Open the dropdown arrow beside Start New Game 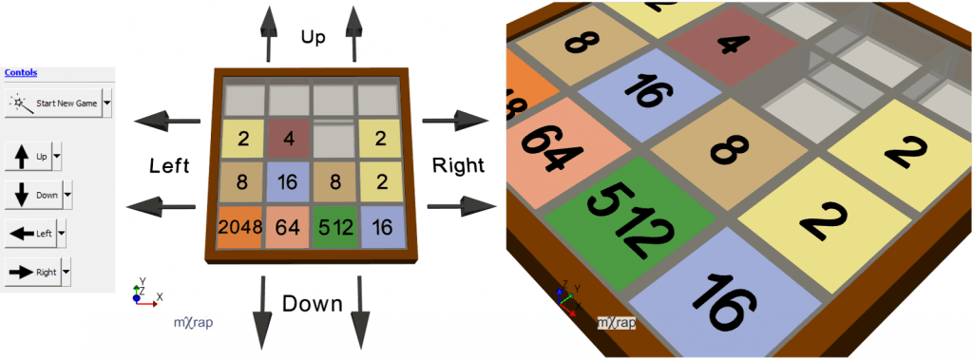pyautogui.click(x=107, y=102)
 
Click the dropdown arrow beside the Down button pyautogui.click(x=67, y=195)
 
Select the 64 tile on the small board pyautogui.click(x=288, y=227)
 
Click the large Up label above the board pyautogui.click(x=313, y=36)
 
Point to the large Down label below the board pyautogui.click(x=312, y=304)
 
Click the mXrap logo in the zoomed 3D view pyautogui.click(x=616, y=323)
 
